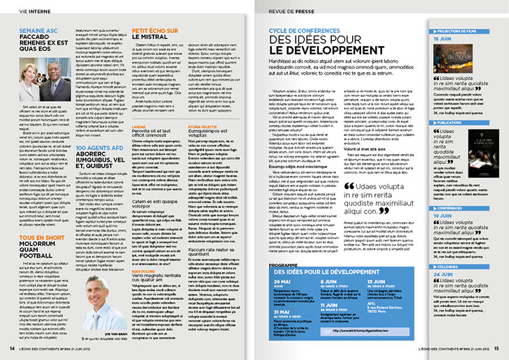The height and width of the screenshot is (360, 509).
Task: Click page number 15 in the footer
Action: click(x=496, y=348)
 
